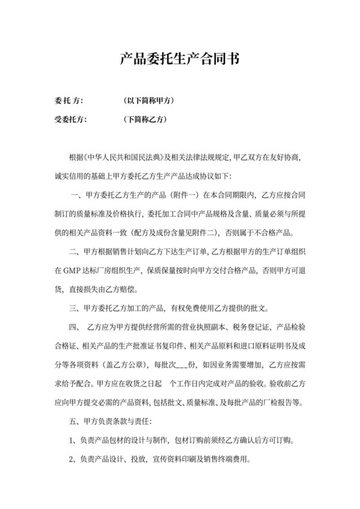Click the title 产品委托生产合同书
point(179,60)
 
